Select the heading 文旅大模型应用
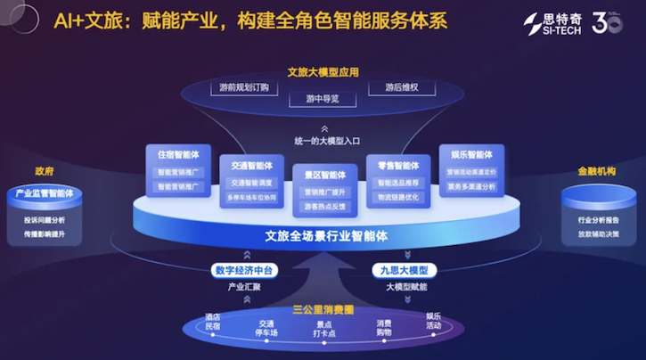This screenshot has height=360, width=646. pos(323,71)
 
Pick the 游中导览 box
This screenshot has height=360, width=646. pos(323,99)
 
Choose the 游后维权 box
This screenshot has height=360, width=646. pos(402,88)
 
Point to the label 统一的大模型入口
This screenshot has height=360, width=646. pos(323,140)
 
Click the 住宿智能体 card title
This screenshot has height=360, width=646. pos(180,155)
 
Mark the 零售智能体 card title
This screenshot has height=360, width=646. pos(398,166)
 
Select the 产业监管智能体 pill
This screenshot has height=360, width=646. pos(45,193)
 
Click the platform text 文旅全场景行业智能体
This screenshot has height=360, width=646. pos(323,236)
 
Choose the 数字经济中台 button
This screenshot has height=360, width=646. pos(241,270)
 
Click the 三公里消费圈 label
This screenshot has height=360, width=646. pos(323,309)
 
